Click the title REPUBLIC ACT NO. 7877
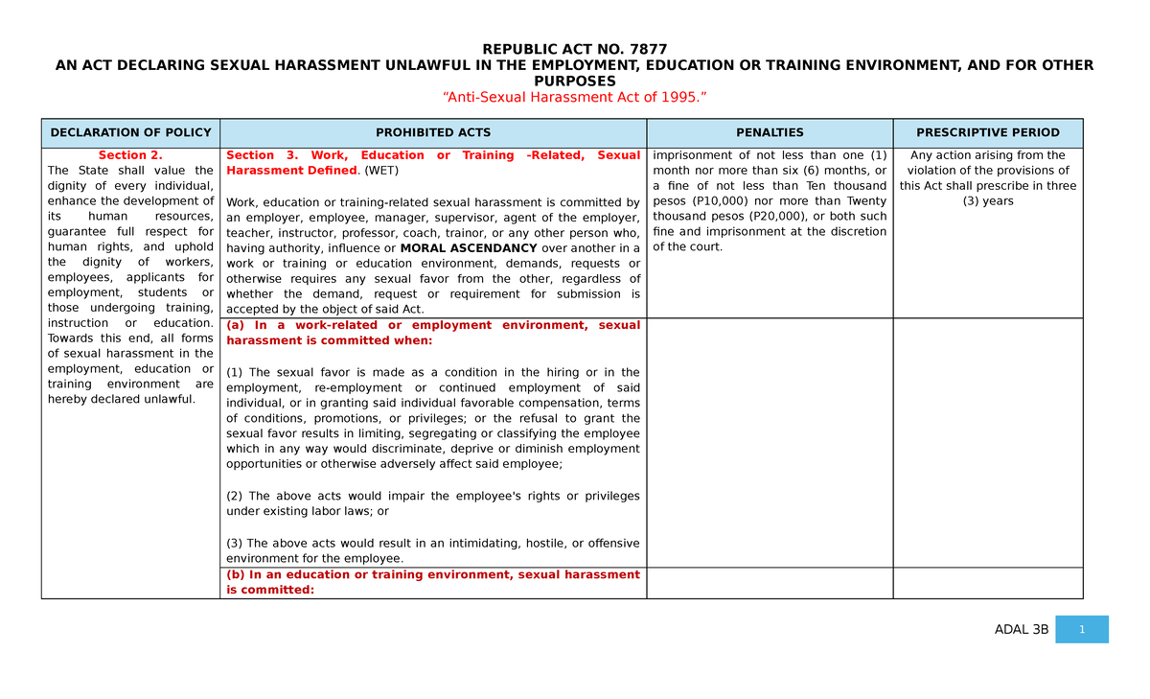(574, 49)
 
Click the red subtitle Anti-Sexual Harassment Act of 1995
(574, 97)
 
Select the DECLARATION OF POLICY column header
(130, 132)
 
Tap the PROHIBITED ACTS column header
(433, 132)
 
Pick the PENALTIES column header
(770, 132)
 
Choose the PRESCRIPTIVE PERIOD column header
(987, 132)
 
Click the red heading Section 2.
(130, 155)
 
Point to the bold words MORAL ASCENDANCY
(469, 247)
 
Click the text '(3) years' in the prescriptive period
(988, 201)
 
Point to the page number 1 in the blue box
(1081, 629)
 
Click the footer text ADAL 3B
(1022, 630)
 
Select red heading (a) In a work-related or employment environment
(433, 333)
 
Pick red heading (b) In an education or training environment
(433, 582)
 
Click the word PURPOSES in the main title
(574, 82)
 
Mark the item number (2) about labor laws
(235, 496)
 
